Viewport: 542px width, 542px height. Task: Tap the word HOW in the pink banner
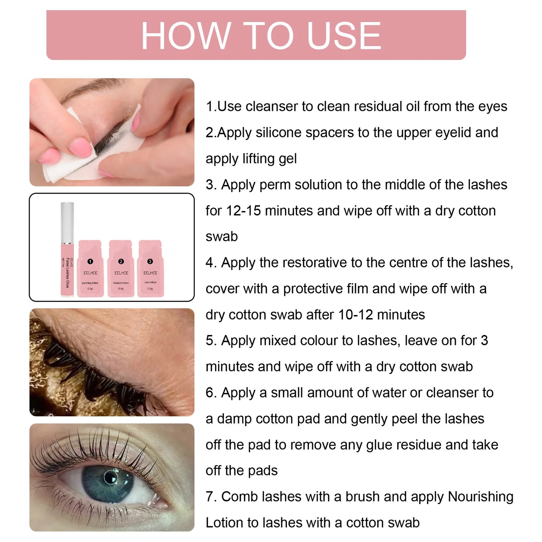pos(185,36)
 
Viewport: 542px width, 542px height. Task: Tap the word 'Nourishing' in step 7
pos(480,497)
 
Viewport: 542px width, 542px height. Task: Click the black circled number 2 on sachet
pos(121,261)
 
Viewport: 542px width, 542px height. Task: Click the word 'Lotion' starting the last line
pos(224,522)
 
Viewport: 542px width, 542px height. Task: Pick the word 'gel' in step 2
pos(288,159)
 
